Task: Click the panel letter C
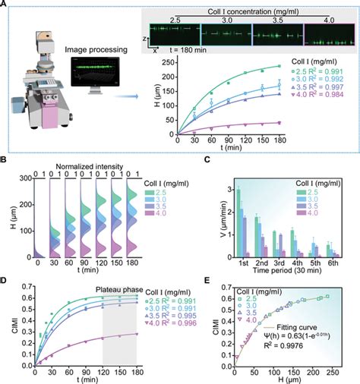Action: pos(186,159)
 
